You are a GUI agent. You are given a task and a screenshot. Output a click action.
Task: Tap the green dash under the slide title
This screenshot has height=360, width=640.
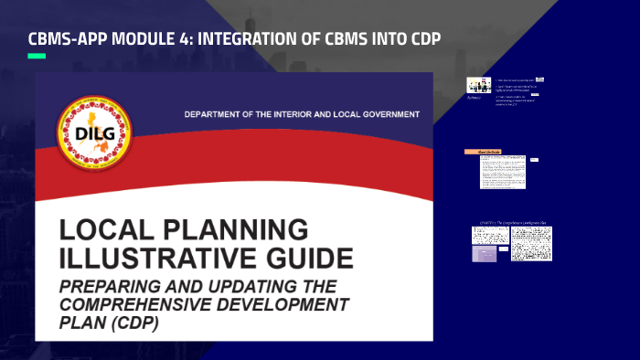click(x=37, y=57)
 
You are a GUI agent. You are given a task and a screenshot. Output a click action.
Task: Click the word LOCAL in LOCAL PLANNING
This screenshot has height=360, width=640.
click(x=101, y=229)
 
